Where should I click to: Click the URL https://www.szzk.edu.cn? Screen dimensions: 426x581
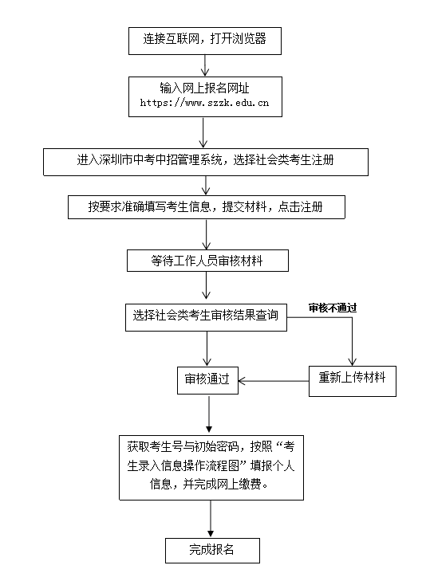pyautogui.click(x=204, y=103)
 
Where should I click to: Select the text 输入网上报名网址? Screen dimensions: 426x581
pyautogui.click(x=204, y=88)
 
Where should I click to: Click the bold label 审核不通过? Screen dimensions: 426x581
pyautogui.click(x=333, y=308)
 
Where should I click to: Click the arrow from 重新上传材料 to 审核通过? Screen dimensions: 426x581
pyautogui.click(x=274, y=381)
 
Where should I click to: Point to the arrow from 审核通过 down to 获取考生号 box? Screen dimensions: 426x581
pyautogui.click(x=209, y=414)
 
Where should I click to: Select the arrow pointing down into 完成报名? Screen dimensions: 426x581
pyautogui.click(x=211, y=519)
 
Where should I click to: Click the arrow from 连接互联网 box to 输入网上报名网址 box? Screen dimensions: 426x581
pyautogui.click(x=205, y=65)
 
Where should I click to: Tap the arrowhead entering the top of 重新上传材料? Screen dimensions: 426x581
pyautogui.click(x=353, y=362)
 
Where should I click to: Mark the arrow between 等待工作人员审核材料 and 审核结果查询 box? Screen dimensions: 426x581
pyautogui.click(x=206, y=285)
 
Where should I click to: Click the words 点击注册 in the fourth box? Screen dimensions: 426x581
pyautogui.click(x=300, y=206)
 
